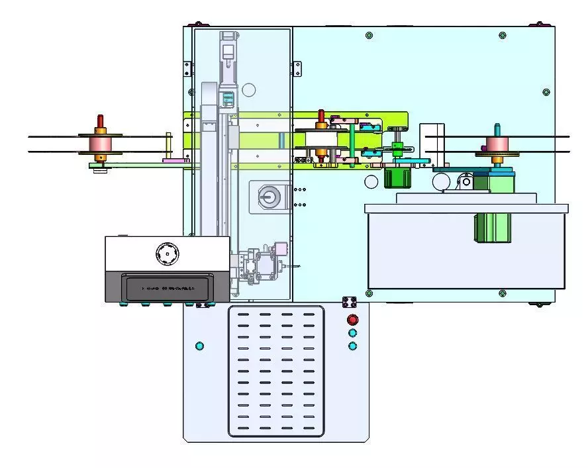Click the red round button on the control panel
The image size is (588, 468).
coord(352,320)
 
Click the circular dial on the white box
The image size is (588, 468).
coord(167,252)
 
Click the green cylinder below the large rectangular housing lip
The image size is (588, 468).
coord(492,227)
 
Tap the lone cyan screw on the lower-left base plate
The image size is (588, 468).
coord(199,346)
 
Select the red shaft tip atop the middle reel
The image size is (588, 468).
coord(321,116)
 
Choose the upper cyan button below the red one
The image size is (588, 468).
coord(352,333)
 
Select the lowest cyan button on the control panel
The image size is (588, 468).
coord(352,346)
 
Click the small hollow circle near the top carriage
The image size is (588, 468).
coord(248,89)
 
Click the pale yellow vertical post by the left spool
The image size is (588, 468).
coord(169,146)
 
